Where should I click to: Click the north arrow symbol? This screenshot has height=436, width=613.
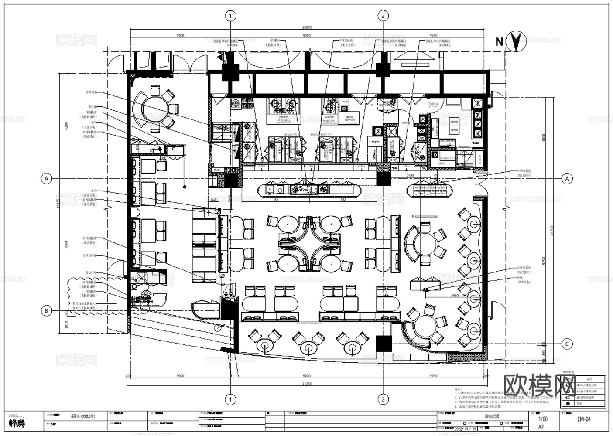516,41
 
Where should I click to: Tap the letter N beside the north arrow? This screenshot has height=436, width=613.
500,42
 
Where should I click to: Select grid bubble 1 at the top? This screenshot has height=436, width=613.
230,16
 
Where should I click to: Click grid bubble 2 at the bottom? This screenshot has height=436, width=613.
383,399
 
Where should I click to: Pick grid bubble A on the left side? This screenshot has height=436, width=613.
46,178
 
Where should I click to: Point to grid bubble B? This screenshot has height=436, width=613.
46,311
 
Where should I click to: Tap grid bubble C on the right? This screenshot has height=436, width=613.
567,344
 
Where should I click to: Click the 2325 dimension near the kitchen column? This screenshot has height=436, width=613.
410,175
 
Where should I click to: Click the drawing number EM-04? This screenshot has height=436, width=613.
584,419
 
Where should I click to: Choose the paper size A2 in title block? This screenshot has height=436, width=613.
541,427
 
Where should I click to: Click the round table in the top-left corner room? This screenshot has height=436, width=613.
152,106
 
